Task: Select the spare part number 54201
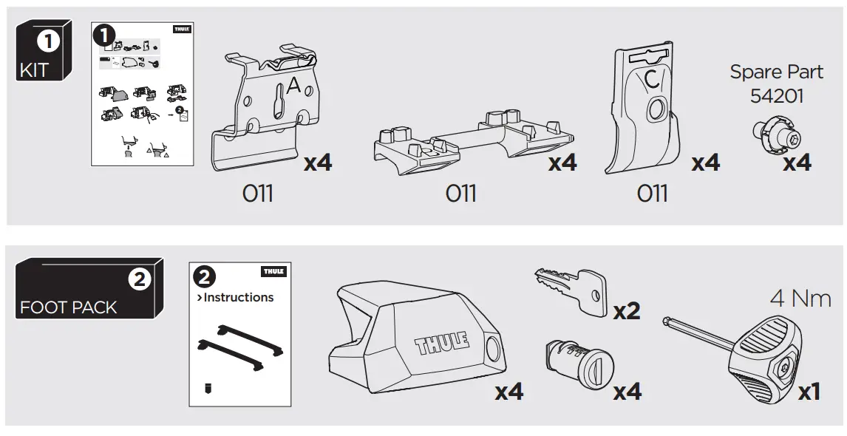[776, 96]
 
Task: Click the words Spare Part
[776, 72]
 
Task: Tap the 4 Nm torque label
[800, 299]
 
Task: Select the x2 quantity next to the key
[627, 312]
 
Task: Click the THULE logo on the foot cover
[442, 344]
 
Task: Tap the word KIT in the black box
[33, 71]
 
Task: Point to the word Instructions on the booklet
[238, 298]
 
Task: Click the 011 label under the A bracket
[257, 194]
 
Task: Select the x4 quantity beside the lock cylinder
[627, 392]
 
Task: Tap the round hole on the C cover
[655, 110]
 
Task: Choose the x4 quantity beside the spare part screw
[797, 162]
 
